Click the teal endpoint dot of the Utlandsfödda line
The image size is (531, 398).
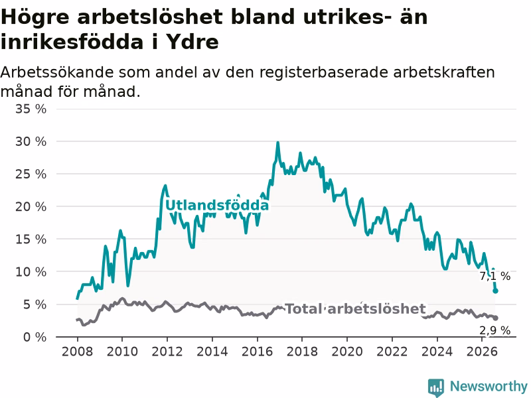pos(495,291)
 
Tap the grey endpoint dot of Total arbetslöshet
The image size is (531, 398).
pos(495,318)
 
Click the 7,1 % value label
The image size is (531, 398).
pos(494,276)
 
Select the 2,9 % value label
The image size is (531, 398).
pos(494,330)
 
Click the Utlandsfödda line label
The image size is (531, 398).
pos(217,206)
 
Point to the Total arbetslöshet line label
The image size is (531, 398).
pos(356,308)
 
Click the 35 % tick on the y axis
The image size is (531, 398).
pos(31,109)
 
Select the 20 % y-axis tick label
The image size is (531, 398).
pos(31,206)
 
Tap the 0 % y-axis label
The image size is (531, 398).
pos(35,337)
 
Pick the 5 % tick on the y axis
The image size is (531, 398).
pos(35,304)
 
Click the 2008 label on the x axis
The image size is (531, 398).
pos(77,352)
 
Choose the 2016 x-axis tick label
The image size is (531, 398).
pos(257,352)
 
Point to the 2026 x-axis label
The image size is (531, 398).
pos(482,352)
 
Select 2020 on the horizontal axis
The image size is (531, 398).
pos(347,352)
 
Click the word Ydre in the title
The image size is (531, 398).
pos(192,42)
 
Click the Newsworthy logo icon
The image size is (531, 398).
pos(436,387)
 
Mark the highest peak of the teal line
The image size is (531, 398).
pos(277,143)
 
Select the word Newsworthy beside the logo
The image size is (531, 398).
pos(489,386)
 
